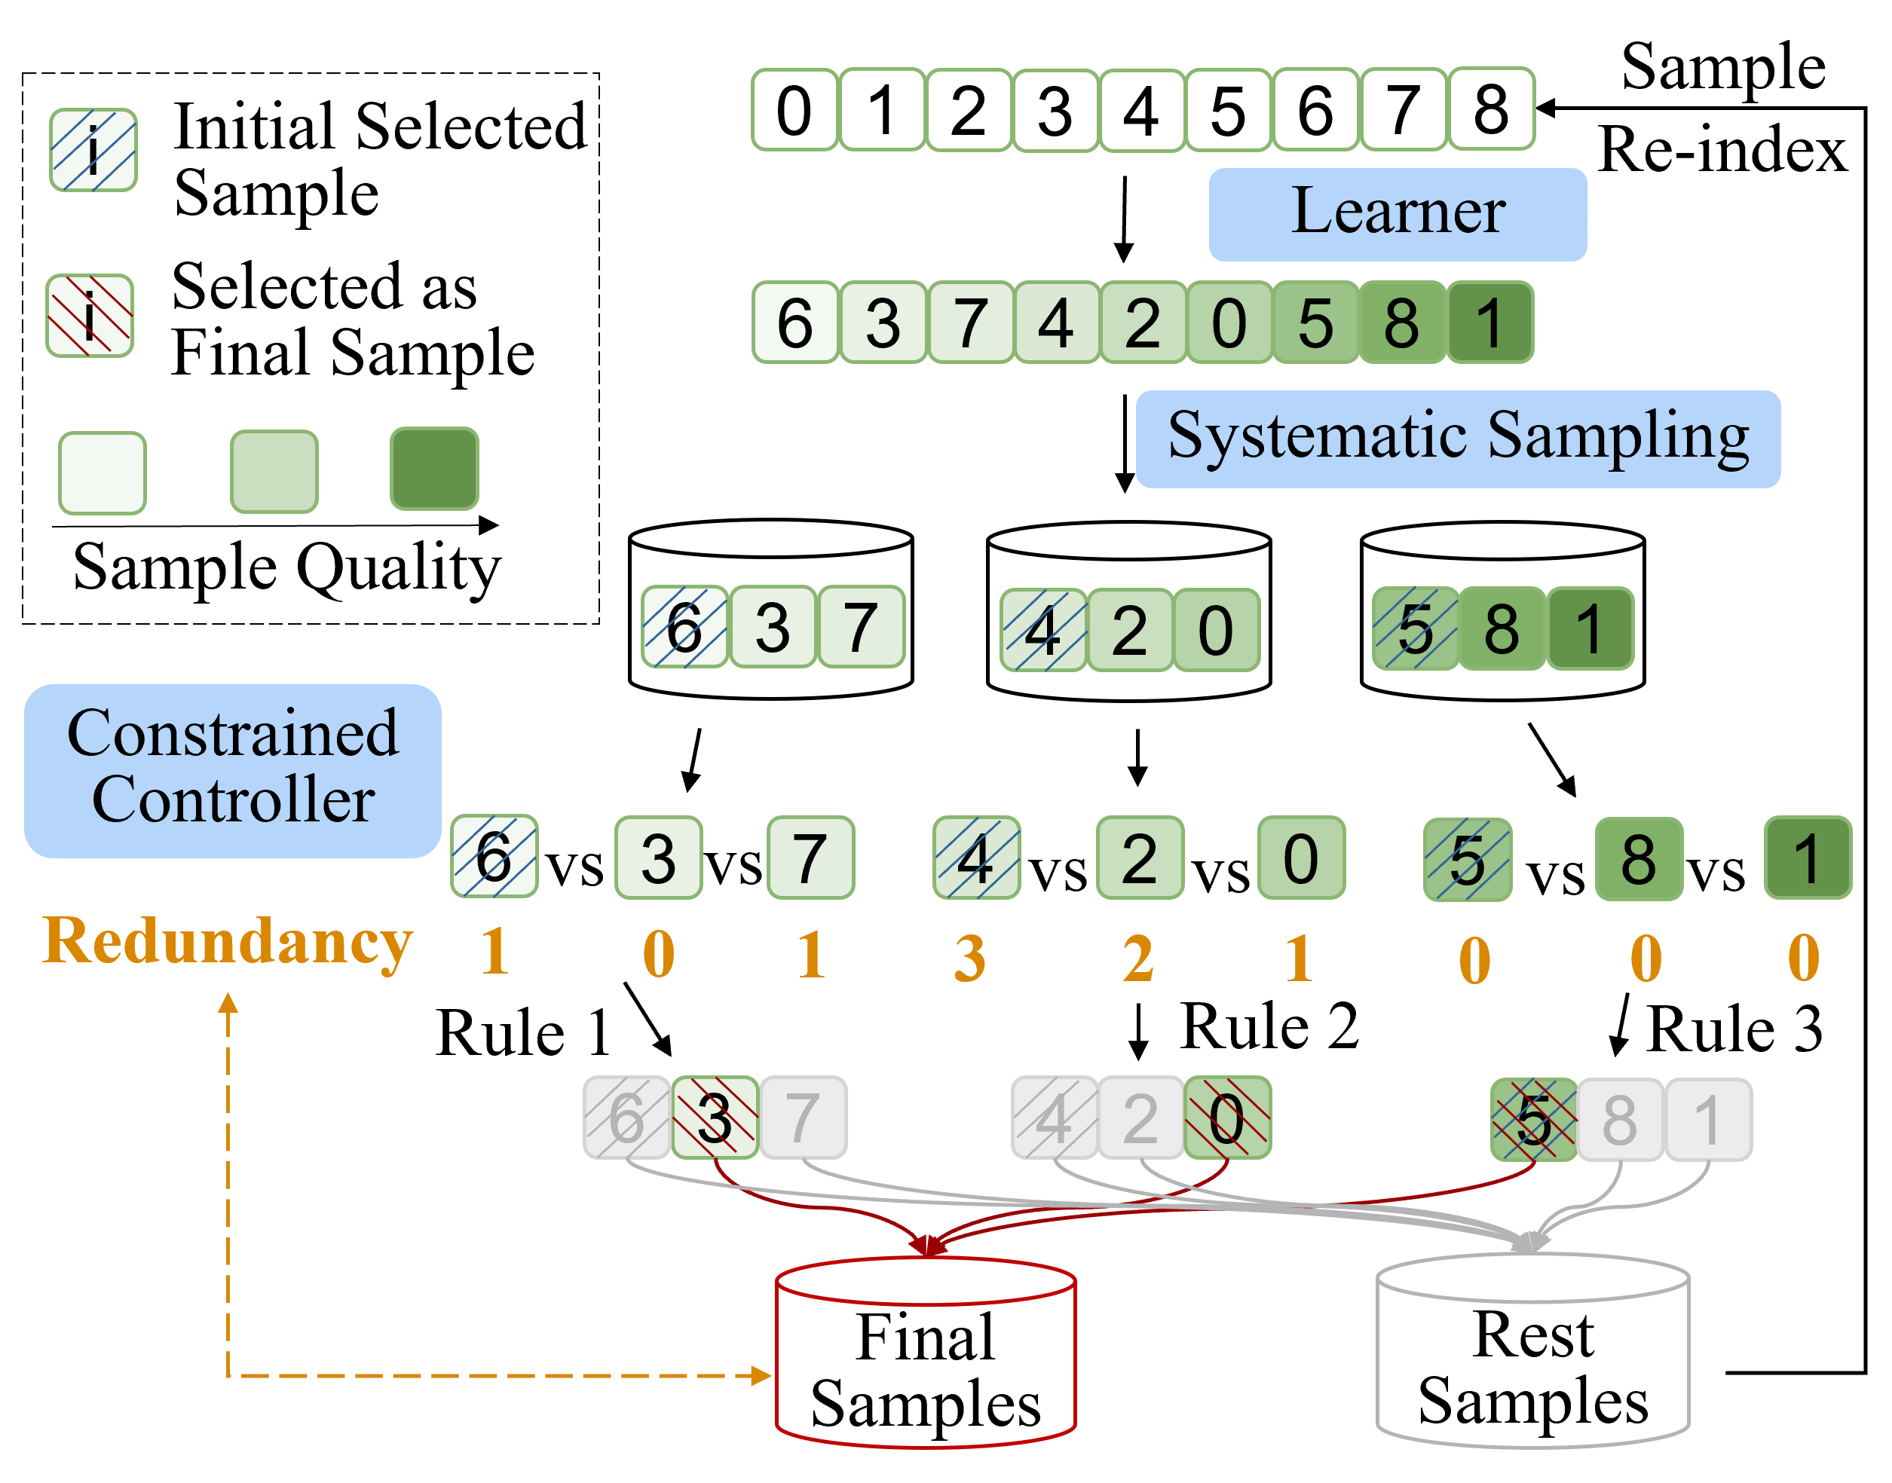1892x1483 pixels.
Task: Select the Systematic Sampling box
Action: pyautogui.click(x=1457, y=439)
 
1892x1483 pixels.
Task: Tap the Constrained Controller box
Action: pyautogui.click(x=232, y=770)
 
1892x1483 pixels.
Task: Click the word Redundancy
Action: pyautogui.click(x=228, y=943)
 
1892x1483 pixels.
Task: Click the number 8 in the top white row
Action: pyautogui.click(x=1491, y=109)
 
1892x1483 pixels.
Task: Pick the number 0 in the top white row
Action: pyautogui.click(x=794, y=110)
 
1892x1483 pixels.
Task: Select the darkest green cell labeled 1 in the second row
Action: pyautogui.click(x=1489, y=322)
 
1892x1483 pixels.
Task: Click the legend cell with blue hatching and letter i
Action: pyautogui.click(x=93, y=150)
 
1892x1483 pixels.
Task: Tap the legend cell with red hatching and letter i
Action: pyautogui.click(x=90, y=316)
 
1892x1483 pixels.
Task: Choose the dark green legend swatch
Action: pyautogui.click(x=434, y=469)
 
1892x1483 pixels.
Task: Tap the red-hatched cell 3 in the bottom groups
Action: pyautogui.click(x=715, y=1118)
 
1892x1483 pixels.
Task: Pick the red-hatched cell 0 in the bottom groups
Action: pyautogui.click(x=1227, y=1118)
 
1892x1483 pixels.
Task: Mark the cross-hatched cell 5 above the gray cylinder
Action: pyautogui.click(x=1532, y=1119)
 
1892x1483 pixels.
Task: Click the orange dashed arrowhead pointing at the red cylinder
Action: pyautogui.click(x=761, y=1375)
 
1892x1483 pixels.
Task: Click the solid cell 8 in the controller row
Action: pyautogui.click(x=1639, y=858)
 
